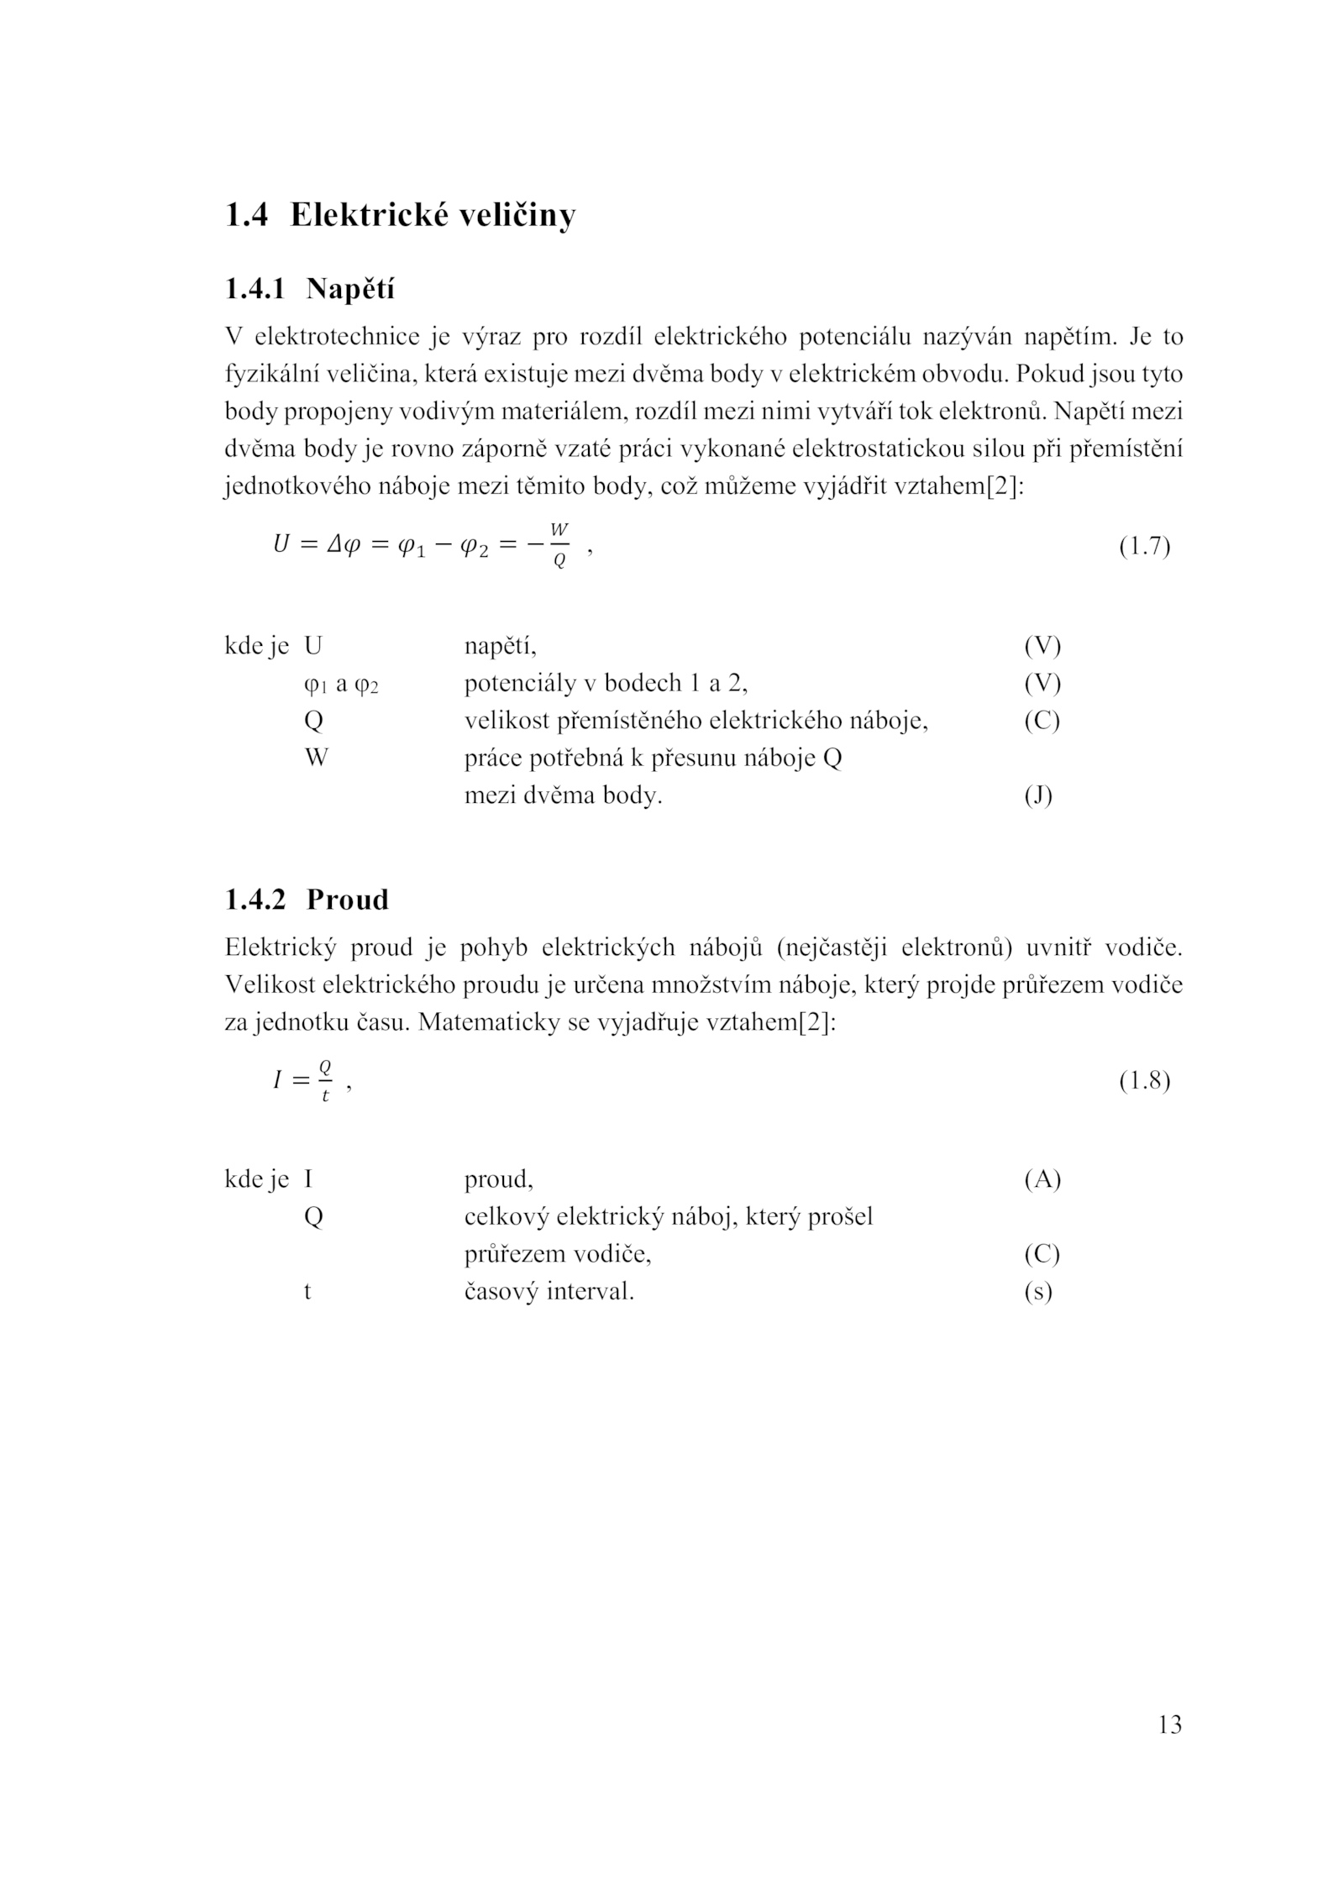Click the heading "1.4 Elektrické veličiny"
pyautogui.click(x=400, y=216)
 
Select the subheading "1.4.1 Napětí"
pyautogui.click(x=308, y=289)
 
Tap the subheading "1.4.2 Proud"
pyautogui.click(x=307, y=900)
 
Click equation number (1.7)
pyautogui.click(x=1144, y=547)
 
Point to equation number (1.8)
pyautogui.click(x=1144, y=1080)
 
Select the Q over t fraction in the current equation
pyautogui.click(x=325, y=1080)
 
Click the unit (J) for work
pyautogui.click(x=1038, y=795)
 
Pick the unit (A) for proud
pyautogui.click(x=1042, y=1180)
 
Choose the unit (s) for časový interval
pyautogui.click(x=1038, y=1292)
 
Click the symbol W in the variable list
pyautogui.click(x=317, y=758)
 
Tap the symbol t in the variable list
pyautogui.click(x=307, y=1292)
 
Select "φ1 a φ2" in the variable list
pyautogui.click(x=341, y=685)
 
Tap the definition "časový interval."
pyautogui.click(x=549, y=1292)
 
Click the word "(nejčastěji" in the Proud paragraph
pyautogui.click(x=830, y=948)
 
